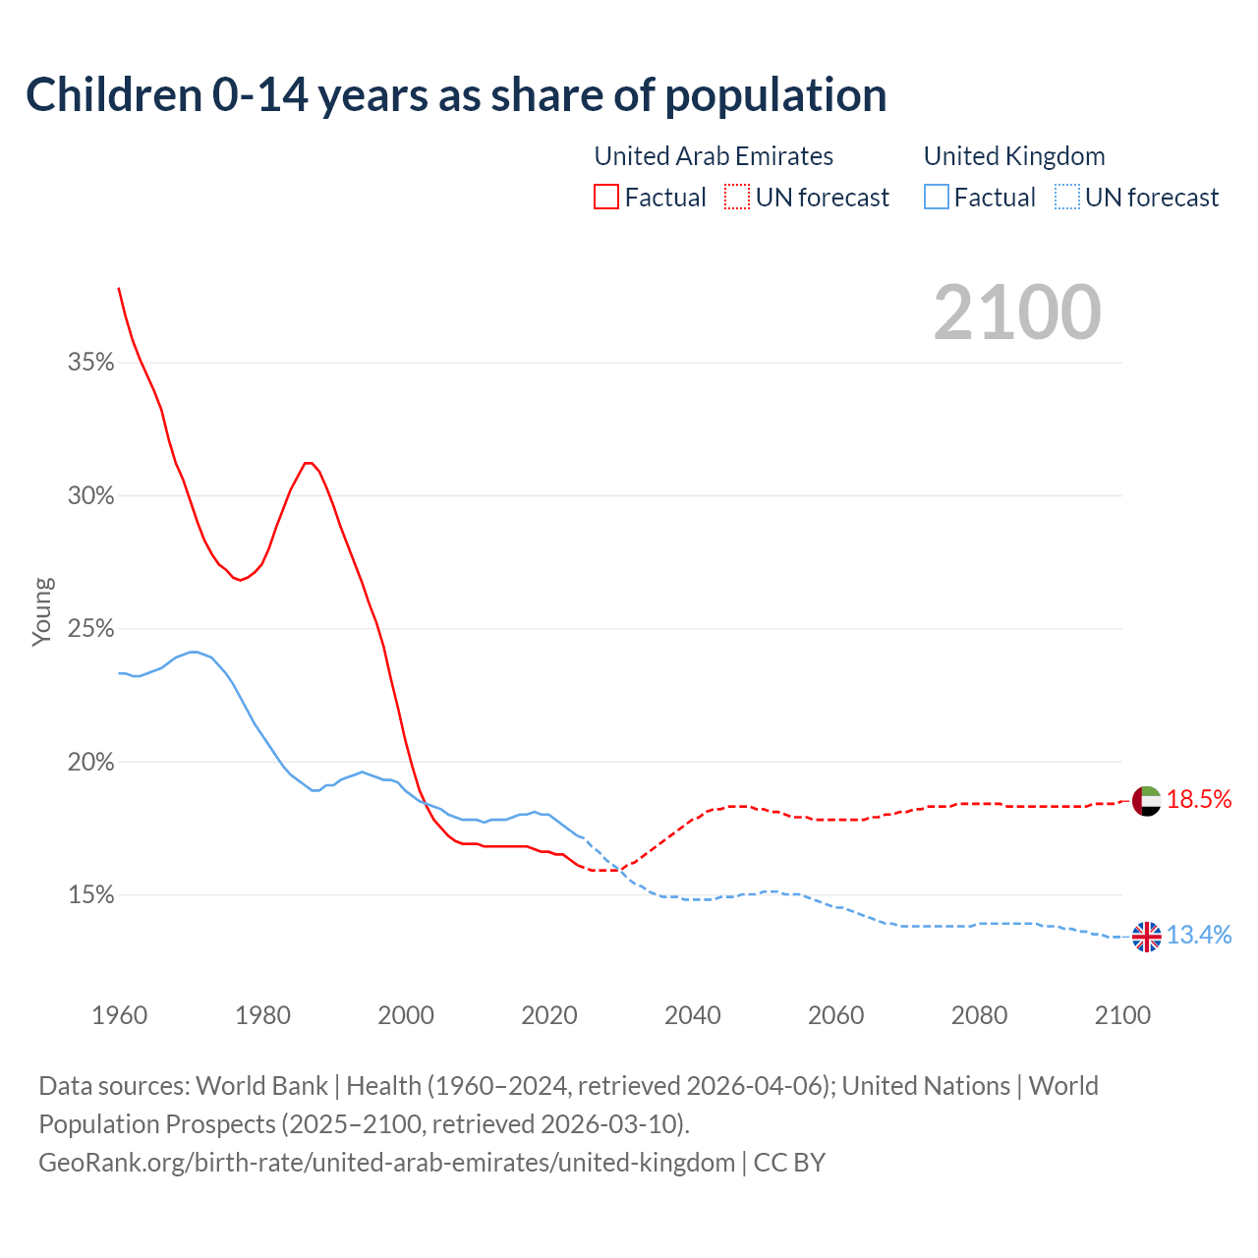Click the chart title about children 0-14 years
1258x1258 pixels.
click(456, 95)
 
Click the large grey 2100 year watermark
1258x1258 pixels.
click(1017, 313)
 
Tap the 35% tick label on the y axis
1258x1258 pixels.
click(91, 363)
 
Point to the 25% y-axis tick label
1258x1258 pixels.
click(91, 629)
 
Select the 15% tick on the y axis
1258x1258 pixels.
click(91, 895)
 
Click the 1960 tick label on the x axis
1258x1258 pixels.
click(119, 1015)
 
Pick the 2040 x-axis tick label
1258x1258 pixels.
click(692, 1015)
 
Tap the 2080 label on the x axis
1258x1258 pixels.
click(979, 1015)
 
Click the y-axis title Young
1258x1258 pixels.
click(42, 611)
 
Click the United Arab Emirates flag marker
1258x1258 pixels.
click(1146, 800)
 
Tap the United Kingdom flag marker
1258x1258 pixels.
click(1146, 937)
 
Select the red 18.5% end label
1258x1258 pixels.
click(1199, 800)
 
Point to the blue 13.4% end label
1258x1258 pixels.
click(1199, 936)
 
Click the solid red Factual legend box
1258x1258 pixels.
click(606, 198)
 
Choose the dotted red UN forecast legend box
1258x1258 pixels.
click(737, 198)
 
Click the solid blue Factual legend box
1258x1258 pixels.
click(937, 198)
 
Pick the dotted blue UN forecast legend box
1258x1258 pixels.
click(1067, 198)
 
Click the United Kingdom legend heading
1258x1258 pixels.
click(1014, 156)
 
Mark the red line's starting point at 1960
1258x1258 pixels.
click(119, 288)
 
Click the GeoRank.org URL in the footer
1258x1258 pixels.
click(386, 1163)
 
